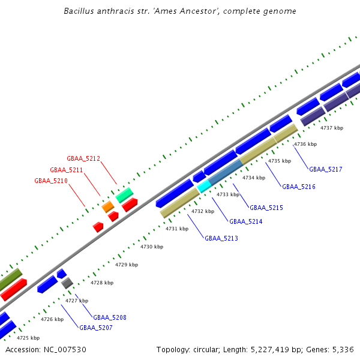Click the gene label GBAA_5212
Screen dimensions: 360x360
tap(83, 158)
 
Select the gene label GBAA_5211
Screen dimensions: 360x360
tap(67, 170)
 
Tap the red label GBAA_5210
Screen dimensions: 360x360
tap(51, 181)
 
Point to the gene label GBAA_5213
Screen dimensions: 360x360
tap(221, 238)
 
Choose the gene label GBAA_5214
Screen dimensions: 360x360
tap(246, 221)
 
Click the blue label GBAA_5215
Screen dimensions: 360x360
tap(266, 208)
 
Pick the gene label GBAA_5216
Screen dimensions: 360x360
tap(299, 187)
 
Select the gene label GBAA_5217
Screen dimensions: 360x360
tap(326, 169)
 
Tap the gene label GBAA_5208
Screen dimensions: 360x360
tap(110, 317)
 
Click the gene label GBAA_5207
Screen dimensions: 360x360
tap(96, 328)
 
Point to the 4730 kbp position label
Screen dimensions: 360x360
tap(152, 247)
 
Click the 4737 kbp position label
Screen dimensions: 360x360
tap(332, 128)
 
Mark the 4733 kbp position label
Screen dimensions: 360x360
tap(228, 194)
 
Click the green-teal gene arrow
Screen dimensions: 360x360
tap(124, 194)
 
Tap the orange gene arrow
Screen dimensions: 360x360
tap(108, 207)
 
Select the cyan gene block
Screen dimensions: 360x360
tap(204, 186)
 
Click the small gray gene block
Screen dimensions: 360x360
tap(67, 283)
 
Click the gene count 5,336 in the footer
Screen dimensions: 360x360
tap(341, 349)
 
